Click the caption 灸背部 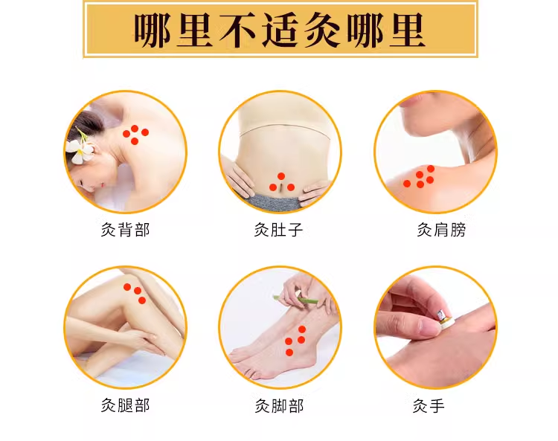[x=125, y=230]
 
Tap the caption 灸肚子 [x=278, y=230]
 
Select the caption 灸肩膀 [x=441, y=230]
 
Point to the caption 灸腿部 [x=125, y=405]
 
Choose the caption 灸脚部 [x=279, y=406]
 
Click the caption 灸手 [x=429, y=406]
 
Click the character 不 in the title [x=237, y=31]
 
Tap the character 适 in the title [x=280, y=31]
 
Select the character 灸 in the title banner [x=322, y=31]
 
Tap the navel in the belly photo [x=281, y=187]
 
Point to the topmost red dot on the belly [x=281, y=176]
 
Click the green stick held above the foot [x=295, y=300]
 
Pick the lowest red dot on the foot [x=289, y=353]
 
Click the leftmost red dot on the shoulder [x=407, y=184]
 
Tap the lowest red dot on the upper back [x=135, y=141]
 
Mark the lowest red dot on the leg [x=142, y=300]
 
